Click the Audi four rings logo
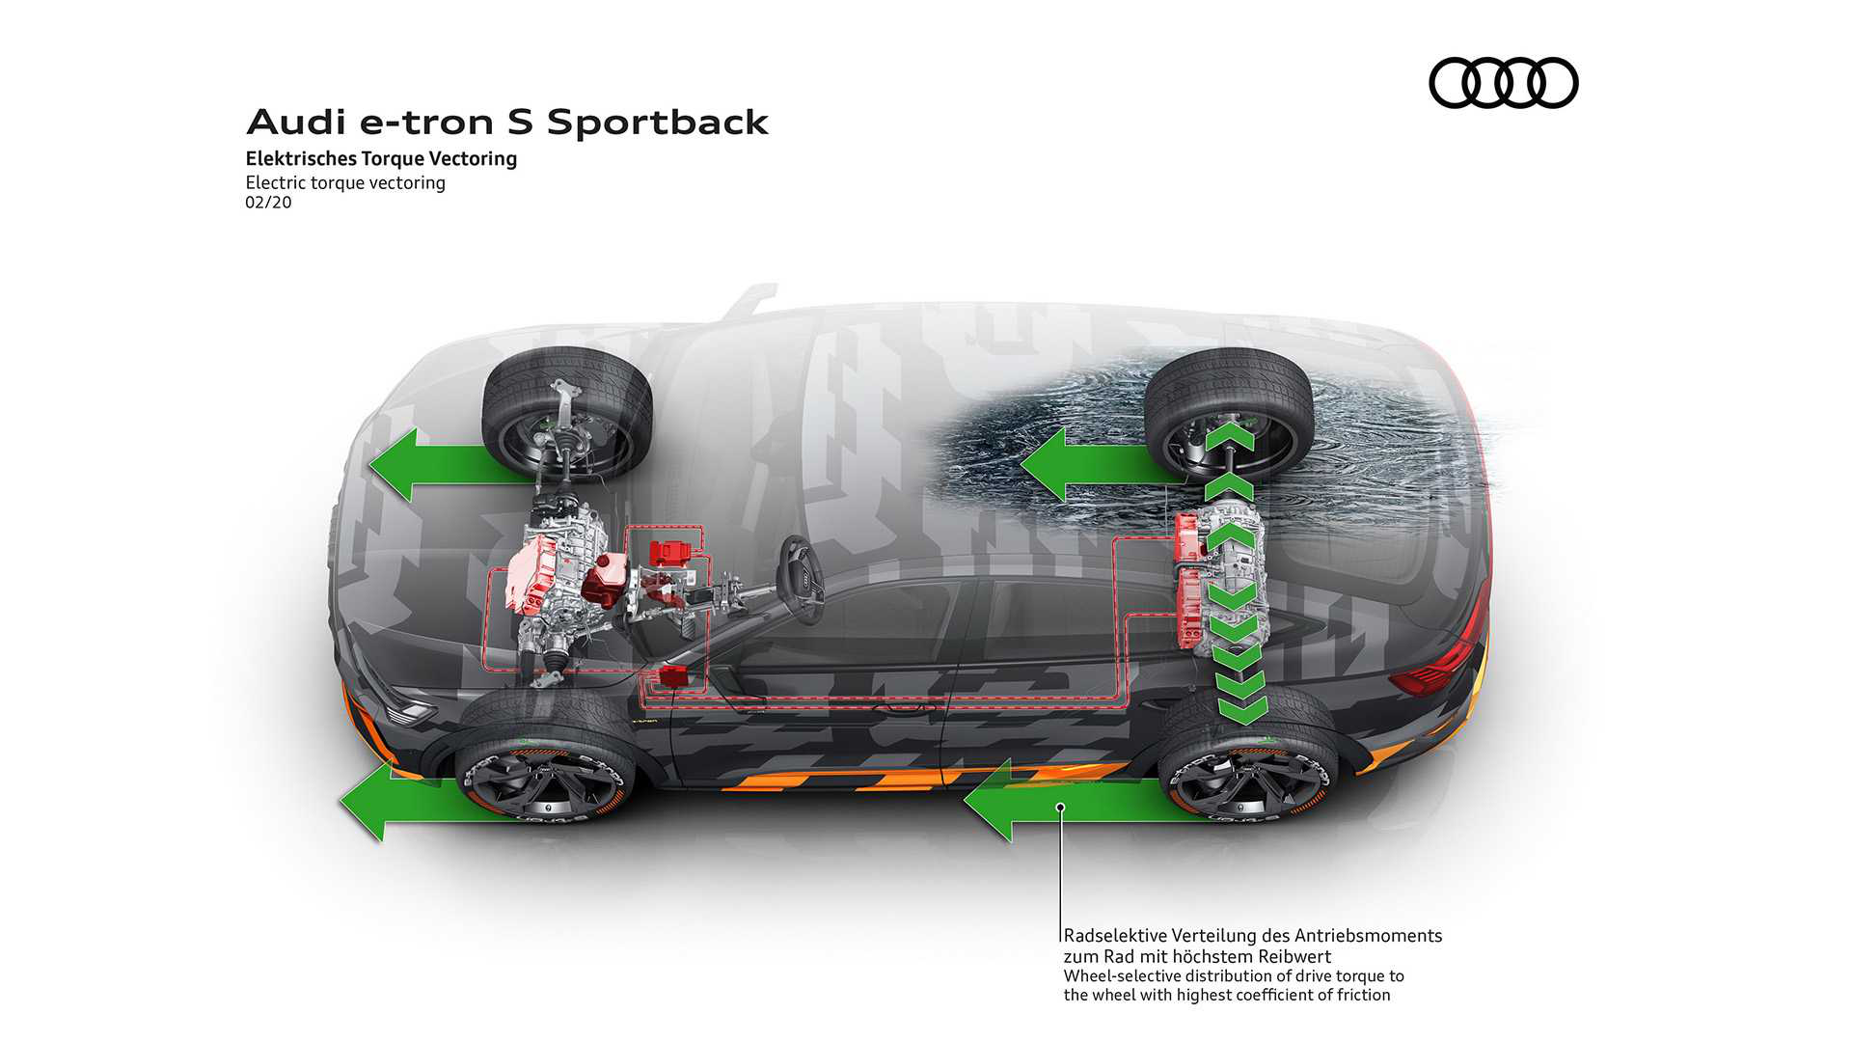click(1503, 83)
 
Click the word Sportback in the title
click(657, 123)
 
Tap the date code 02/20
click(268, 203)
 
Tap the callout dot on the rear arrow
click(1060, 807)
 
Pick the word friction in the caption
click(1363, 996)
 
